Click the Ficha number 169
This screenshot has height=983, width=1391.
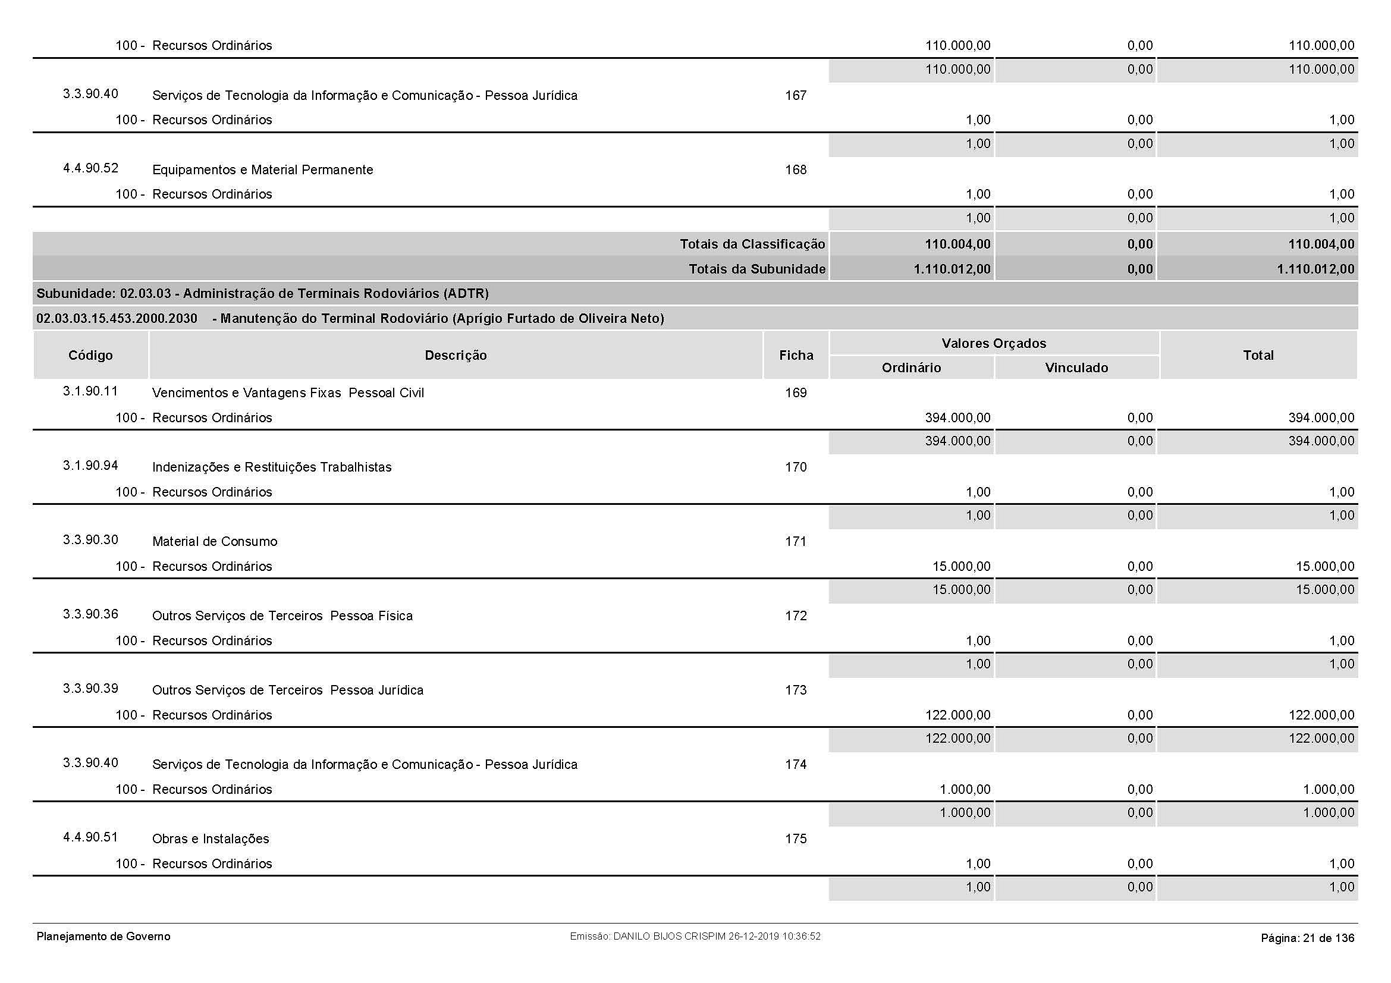pos(796,392)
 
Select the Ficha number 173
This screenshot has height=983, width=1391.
pos(796,690)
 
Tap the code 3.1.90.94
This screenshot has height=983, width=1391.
pos(90,466)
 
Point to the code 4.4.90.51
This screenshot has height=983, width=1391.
pos(90,837)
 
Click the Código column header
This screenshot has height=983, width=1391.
pos(90,355)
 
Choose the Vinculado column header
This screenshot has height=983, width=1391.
pos(1076,368)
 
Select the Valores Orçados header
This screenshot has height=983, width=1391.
pos(994,343)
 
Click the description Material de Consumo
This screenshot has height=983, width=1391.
pos(215,542)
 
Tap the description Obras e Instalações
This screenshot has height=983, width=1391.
pos(210,839)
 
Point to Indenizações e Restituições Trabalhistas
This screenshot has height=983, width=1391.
pos(271,467)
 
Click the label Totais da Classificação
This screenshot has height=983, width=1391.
pos(752,244)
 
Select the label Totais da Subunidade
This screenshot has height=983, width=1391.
pos(756,269)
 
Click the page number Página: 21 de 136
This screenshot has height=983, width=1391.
pos(1307,938)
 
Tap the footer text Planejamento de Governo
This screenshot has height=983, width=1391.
pos(103,937)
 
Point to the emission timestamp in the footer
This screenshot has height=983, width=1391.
pos(695,937)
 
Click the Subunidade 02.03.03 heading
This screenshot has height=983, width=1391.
pos(262,294)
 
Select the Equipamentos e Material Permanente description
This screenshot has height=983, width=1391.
pos(262,170)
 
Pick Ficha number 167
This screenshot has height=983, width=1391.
pos(796,95)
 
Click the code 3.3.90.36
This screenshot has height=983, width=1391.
pos(90,614)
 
